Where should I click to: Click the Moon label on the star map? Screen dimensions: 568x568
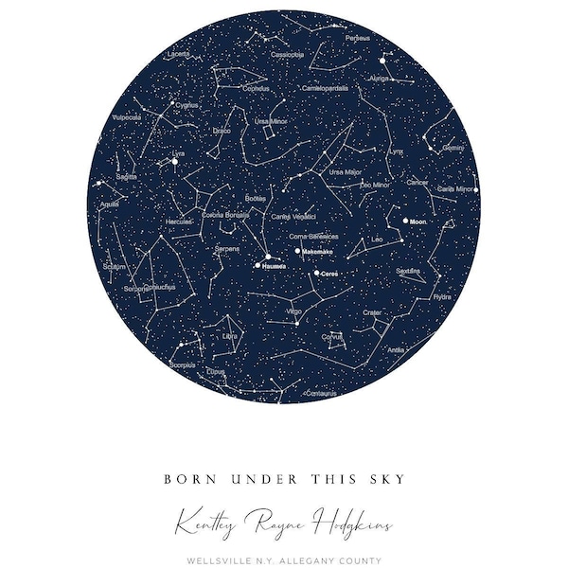click(x=418, y=222)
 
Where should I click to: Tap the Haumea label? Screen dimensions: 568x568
click(x=274, y=266)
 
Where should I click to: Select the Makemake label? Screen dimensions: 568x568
click(x=317, y=252)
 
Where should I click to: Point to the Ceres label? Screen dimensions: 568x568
click(x=329, y=274)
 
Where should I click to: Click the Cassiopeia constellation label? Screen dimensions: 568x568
click(x=288, y=55)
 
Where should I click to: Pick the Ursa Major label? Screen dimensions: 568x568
click(x=345, y=172)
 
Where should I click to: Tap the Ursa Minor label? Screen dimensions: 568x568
click(x=271, y=122)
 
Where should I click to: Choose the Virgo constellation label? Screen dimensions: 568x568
click(x=294, y=311)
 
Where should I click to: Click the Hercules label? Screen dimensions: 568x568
click(x=179, y=222)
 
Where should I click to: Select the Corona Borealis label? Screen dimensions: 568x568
click(x=225, y=215)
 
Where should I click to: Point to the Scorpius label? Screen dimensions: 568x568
click(x=183, y=363)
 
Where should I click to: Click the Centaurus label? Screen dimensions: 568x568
click(x=321, y=391)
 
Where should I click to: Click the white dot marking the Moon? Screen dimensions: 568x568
click(x=405, y=221)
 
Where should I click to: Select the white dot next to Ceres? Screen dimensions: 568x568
click(x=317, y=273)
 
